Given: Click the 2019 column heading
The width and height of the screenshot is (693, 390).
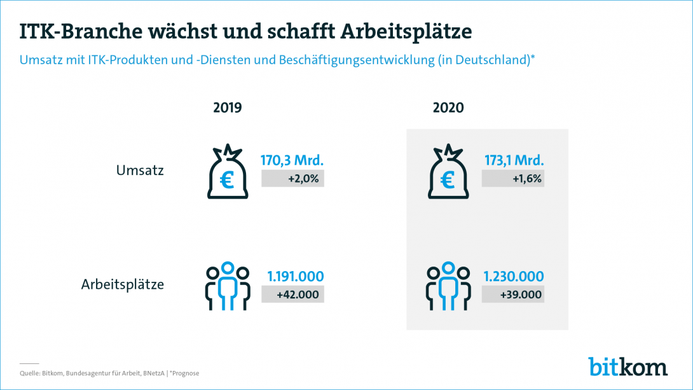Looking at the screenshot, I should point(228,108).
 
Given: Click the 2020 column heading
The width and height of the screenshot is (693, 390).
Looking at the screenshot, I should point(448,108).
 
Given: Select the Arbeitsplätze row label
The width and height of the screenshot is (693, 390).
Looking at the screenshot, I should point(123,284).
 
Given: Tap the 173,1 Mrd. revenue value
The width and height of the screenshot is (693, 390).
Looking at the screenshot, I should point(513,159).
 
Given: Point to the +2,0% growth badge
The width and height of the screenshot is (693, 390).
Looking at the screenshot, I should point(293,179).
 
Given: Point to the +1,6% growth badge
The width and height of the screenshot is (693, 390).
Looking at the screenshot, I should point(513,179).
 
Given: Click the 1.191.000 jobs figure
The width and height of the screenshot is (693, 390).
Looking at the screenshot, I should point(296,276).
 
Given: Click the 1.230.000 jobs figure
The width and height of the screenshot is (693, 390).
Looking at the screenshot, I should point(514,276).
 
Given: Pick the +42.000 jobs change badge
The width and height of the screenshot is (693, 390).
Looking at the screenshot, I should point(293,295).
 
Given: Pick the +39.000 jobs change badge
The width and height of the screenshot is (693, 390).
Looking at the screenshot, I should point(513,295).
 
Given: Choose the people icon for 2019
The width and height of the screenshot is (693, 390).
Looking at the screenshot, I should point(226,286).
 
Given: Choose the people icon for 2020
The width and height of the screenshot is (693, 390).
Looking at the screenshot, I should point(447,286).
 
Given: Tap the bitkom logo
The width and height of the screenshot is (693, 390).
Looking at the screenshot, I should point(628,366).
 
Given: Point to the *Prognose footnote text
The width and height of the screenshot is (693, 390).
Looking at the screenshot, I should point(188,373).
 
